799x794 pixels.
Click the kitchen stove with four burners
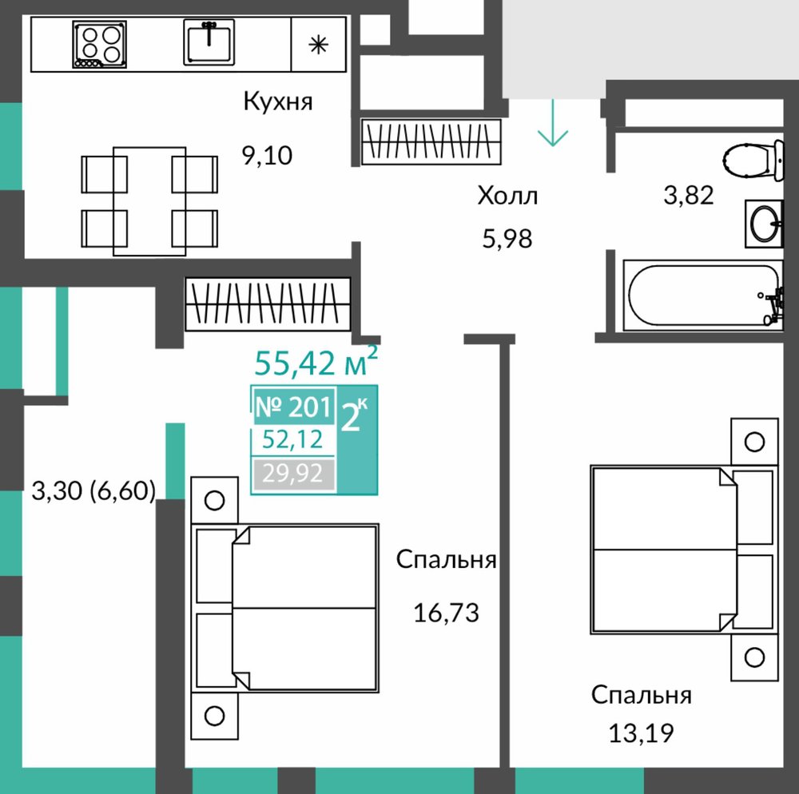tap(99, 44)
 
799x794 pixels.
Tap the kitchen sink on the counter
tap(209, 42)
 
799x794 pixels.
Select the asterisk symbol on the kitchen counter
tap(319, 46)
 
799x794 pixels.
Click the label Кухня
tap(278, 101)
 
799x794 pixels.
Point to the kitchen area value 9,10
tap(267, 155)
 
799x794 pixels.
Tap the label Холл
tap(507, 196)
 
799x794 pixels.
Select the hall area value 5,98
tap(507, 238)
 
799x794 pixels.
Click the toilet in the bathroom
tap(753, 161)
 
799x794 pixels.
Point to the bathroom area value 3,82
tap(689, 195)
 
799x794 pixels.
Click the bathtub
tap(703, 296)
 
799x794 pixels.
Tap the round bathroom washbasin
tap(765, 224)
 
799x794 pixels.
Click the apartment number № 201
tap(293, 407)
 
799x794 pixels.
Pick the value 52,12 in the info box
tap(292, 439)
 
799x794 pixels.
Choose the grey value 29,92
tap(293, 474)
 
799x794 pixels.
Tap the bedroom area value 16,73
tap(447, 613)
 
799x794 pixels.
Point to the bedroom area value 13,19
tap(642, 733)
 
